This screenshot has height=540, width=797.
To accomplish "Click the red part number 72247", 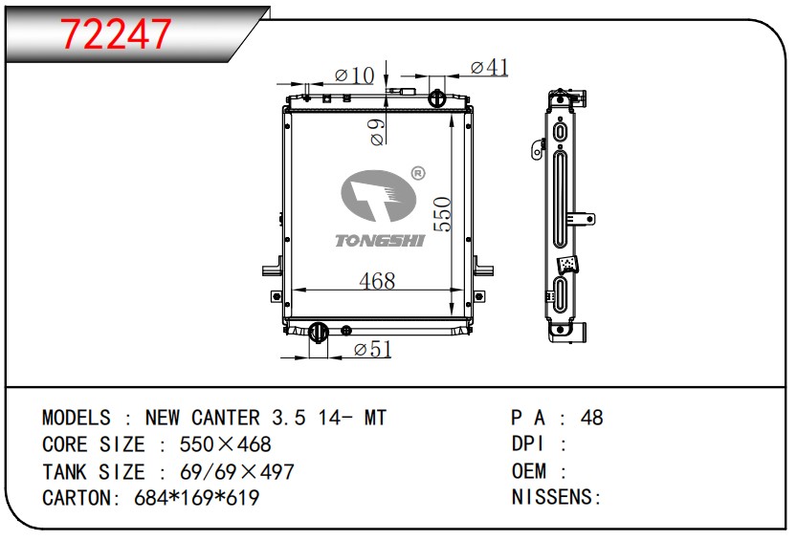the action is pyautogui.click(x=116, y=34).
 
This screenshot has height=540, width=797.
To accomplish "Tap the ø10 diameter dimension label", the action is pyautogui.click(x=354, y=76).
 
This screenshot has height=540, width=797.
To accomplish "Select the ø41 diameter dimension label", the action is pyautogui.click(x=489, y=67).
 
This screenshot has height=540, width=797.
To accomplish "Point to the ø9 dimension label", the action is pyautogui.click(x=378, y=133).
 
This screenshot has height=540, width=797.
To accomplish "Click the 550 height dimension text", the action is pyautogui.click(x=443, y=214).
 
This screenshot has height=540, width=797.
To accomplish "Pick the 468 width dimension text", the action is pyautogui.click(x=377, y=281).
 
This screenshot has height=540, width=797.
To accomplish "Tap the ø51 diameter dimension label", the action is pyautogui.click(x=372, y=349).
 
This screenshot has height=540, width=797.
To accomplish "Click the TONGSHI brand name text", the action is pyautogui.click(x=380, y=240).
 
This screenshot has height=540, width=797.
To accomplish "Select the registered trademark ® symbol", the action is pyautogui.click(x=417, y=174).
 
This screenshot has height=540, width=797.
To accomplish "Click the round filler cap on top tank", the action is pyautogui.click(x=436, y=97).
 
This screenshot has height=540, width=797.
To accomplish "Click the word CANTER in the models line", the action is pyautogui.click(x=225, y=418).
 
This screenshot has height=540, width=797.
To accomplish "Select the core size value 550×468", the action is pyautogui.click(x=225, y=444).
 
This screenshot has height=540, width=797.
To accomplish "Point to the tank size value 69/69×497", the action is pyautogui.click(x=237, y=472).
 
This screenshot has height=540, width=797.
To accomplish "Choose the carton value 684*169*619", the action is pyautogui.click(x=197, y=498).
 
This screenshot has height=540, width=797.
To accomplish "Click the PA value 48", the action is pyautogui.click(x=591, y=418).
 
